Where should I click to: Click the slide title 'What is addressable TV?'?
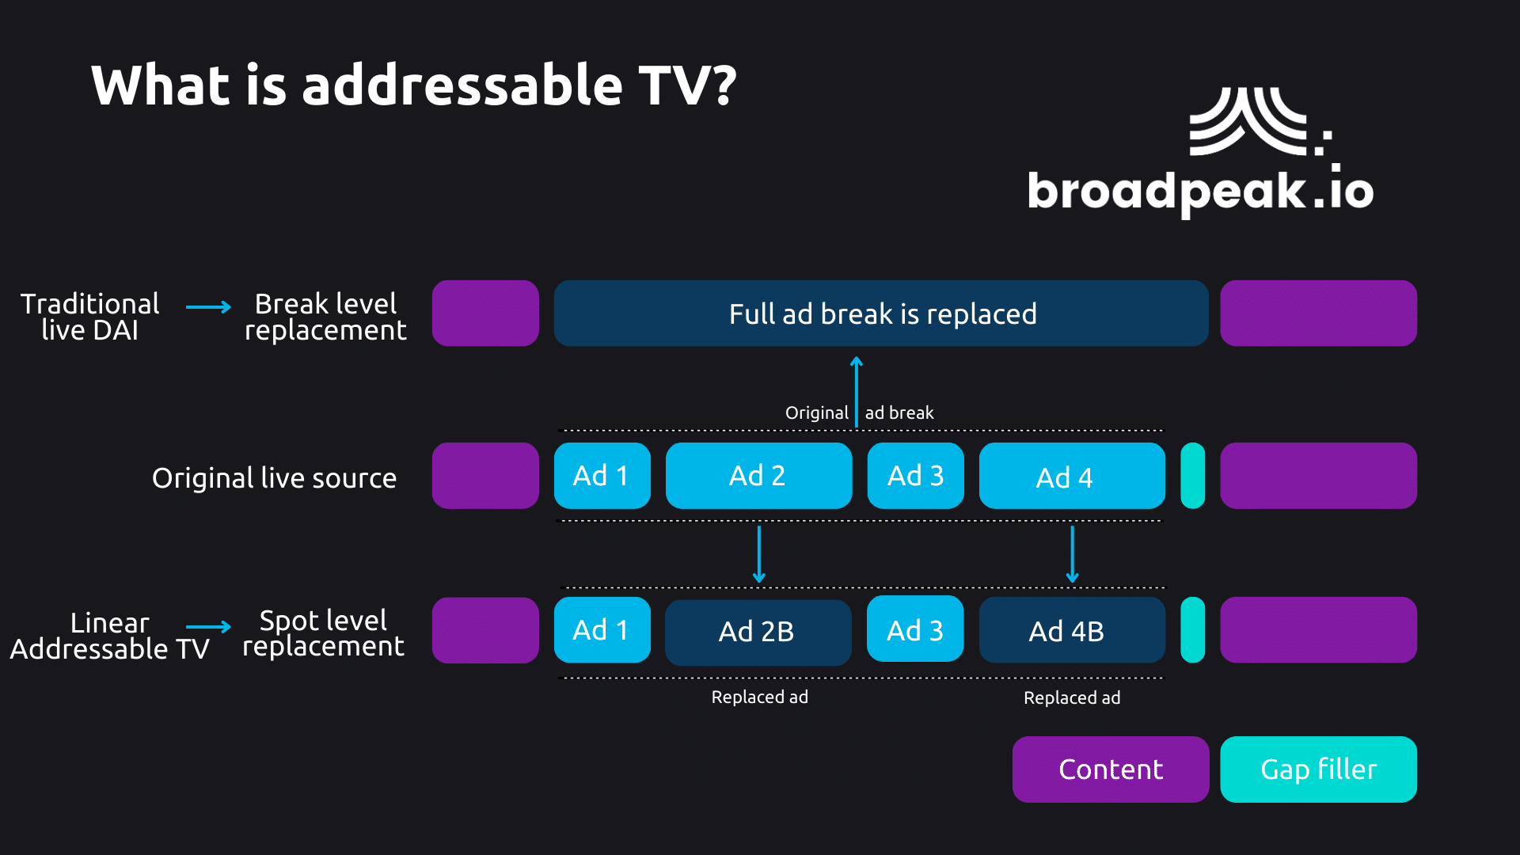click(x=413, y=85)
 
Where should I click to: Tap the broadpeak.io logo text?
click(x=1199, y=190)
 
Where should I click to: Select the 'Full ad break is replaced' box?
click(x=881, y=313)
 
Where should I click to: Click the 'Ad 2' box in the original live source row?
click(x=758, y=476)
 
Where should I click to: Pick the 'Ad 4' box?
click(x=1072, y=476)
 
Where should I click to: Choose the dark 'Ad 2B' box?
click(x=758, y=632)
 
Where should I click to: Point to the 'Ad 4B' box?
click(x=1072, y=631)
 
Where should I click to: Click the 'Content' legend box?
click(x=1110, y=769)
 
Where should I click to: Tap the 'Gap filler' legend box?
click(x=1318, y=769)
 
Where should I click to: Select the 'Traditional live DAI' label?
click(x=89, y=317)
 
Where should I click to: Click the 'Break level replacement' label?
click(x=325, y=317)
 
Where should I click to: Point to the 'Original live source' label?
click(x=274, y=478)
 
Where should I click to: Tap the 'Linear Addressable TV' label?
click(x=109, y=636)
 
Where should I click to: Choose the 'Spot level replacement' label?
click(x=323, y=633)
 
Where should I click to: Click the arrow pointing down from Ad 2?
click(x=759, y=554)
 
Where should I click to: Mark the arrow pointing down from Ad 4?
click(x=1072, y=554)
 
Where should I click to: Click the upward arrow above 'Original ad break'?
click(x=857, y=391)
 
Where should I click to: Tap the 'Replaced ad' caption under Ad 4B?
click(x=1072, y=698)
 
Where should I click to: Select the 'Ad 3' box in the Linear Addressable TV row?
click(x=915, y=630)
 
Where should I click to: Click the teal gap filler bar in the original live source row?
click(x=1192, y=476)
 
